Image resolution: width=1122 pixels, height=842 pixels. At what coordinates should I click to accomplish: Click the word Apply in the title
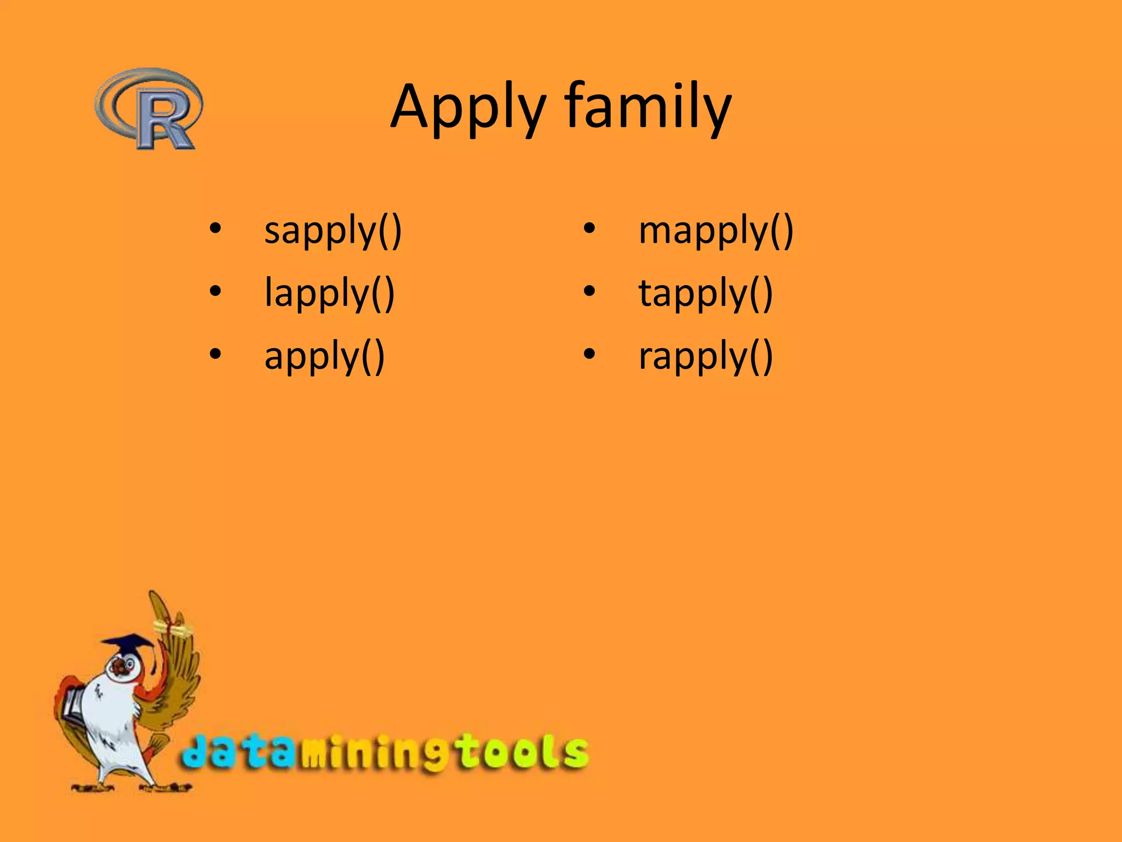coord(468,107)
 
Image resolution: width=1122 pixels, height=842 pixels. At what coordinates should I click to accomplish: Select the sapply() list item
coord(333,230)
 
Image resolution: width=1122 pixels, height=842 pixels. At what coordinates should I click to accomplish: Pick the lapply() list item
coord(329,293)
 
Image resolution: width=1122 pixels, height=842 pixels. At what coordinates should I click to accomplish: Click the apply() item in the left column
coord(324,356)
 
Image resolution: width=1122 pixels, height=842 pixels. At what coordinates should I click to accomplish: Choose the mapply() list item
coord(715,230)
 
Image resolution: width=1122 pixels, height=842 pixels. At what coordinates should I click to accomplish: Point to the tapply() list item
coord(705,293)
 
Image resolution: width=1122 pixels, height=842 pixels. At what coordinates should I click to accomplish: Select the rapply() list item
coord(705,356)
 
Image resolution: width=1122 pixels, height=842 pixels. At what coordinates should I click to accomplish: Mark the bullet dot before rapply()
coord(589,354)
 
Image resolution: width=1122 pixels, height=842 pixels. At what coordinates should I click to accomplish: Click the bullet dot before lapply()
coord(215,291)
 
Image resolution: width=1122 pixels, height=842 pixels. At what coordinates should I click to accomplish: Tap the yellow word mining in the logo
coord(373,754)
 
